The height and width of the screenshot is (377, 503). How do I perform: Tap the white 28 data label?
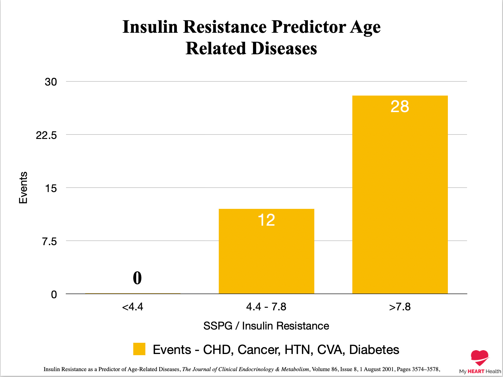click(x=400, y=106)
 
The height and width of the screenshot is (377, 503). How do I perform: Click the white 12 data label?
click(x=266, y=220)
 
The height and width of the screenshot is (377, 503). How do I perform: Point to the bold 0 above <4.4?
click(x=137, y=278)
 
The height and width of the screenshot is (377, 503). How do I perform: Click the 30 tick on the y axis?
click(x=51, y=82)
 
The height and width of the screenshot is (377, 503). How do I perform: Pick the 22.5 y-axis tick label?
click(x=46, y=135)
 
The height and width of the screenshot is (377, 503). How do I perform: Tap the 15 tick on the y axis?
click(x=51, y=188)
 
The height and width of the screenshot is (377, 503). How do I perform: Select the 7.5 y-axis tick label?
click(x=49, y=241)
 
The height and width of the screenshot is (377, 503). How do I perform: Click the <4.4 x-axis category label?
click(x=132, y=307)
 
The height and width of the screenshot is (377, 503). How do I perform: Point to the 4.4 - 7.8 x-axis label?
click(x=266, y=307)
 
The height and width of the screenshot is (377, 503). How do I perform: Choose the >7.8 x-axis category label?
click(x=400, y=307)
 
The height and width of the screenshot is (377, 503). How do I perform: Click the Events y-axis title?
click(x=23, y=188)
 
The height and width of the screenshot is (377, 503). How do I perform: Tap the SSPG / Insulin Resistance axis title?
click(x=266, y=326)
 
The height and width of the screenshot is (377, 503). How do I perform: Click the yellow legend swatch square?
click(x=139, y=349)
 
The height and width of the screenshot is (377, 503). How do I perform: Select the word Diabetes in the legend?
click(x=374, y=350)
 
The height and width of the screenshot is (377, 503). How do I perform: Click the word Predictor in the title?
click(x=309, y=27)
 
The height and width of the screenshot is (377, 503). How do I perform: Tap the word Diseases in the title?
click(x=284, y=49)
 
